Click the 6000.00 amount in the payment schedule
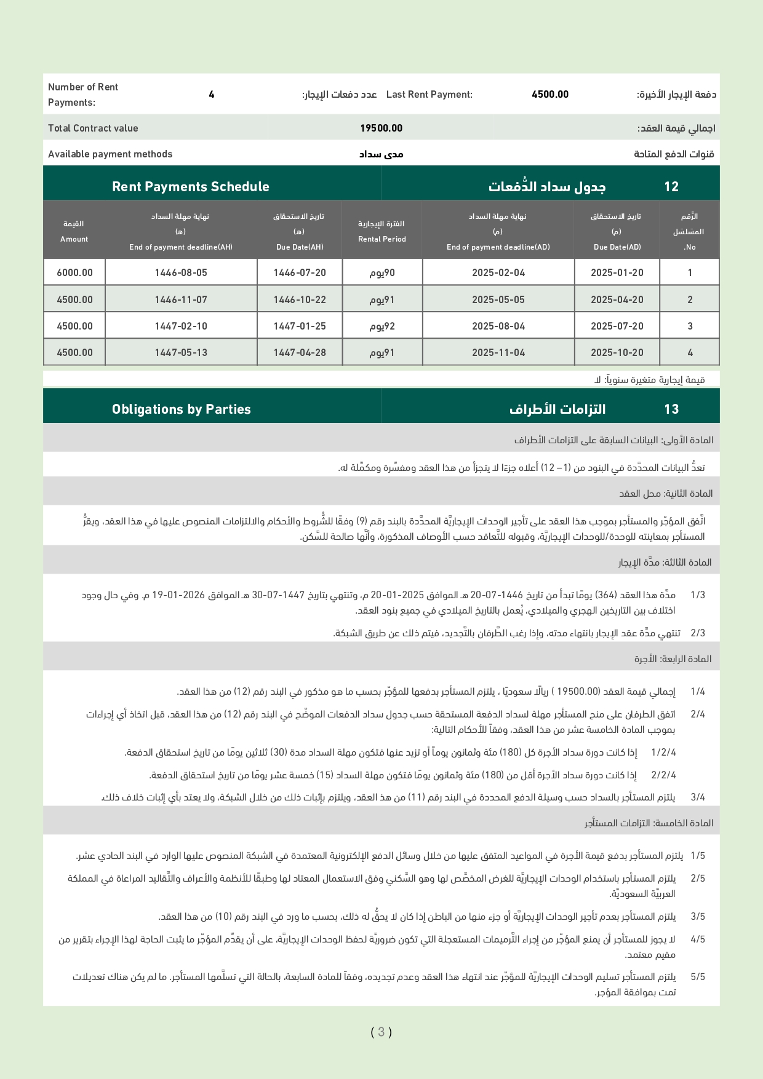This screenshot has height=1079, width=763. point(74,272)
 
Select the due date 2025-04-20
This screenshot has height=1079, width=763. point(617,299)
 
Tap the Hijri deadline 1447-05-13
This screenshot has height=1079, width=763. point(181,352)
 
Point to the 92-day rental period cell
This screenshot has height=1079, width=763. point(382,326)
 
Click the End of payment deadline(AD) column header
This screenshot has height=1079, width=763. point(498,232)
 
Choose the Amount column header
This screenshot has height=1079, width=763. point(74,232)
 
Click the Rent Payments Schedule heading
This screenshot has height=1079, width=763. point(190,186)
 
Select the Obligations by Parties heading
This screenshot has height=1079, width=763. point(181,409)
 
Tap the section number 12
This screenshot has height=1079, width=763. point(671,186)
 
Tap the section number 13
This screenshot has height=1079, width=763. point(671,409)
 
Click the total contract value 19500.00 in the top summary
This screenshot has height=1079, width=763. point(381,128)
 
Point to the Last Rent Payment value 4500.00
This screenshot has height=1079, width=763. point(549,94)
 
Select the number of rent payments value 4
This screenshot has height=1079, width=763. point(211,94)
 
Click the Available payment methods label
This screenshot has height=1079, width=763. point(110,154)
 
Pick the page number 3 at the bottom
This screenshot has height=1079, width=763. point(381,1032)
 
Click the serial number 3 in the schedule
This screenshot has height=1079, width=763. point(690,326)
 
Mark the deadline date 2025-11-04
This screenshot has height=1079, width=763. point(498,352)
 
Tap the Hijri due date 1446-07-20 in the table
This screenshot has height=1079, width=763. point(300,272)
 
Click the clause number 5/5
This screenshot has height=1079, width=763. point(698,976)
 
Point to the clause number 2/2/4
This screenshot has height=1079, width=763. point(663,775)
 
